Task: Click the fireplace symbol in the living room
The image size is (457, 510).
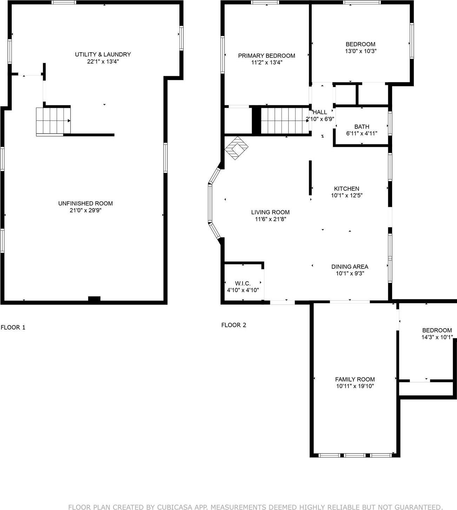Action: click(x=237, y=148)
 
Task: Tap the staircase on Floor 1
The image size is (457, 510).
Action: click(x=53, y=121)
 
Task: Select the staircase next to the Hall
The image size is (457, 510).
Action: click(x=284, y=121)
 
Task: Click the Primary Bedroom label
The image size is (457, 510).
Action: click(x=266, y=56)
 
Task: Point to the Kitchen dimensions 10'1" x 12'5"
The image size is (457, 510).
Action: click(x=346, y=196)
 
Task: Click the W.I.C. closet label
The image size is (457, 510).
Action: click(x=243, y=283)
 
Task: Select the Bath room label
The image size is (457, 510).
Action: click(x=362, y=127)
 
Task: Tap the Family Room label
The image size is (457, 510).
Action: click(x=355, y=379)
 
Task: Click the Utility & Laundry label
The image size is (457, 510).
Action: click(x=103, y=54)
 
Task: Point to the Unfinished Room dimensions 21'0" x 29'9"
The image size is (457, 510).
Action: click(x=85, y=211)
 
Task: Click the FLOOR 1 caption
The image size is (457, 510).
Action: click(x=13, y=327)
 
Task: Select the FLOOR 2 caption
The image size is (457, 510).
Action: click(x=233, y=325)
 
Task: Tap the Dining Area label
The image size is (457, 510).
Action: click(x=350, y=267)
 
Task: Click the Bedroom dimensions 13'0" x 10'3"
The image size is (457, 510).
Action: click(x=360, y=51)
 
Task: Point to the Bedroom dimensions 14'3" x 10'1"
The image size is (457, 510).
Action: click(x=437, y=337)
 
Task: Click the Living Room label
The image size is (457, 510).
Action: click(x=270, y=212)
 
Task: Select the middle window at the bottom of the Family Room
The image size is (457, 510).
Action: click(x=355, y=455)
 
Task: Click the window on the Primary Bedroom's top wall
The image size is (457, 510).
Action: click(x=265, y=3)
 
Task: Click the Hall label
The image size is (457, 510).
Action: click(x=320, y=112)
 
